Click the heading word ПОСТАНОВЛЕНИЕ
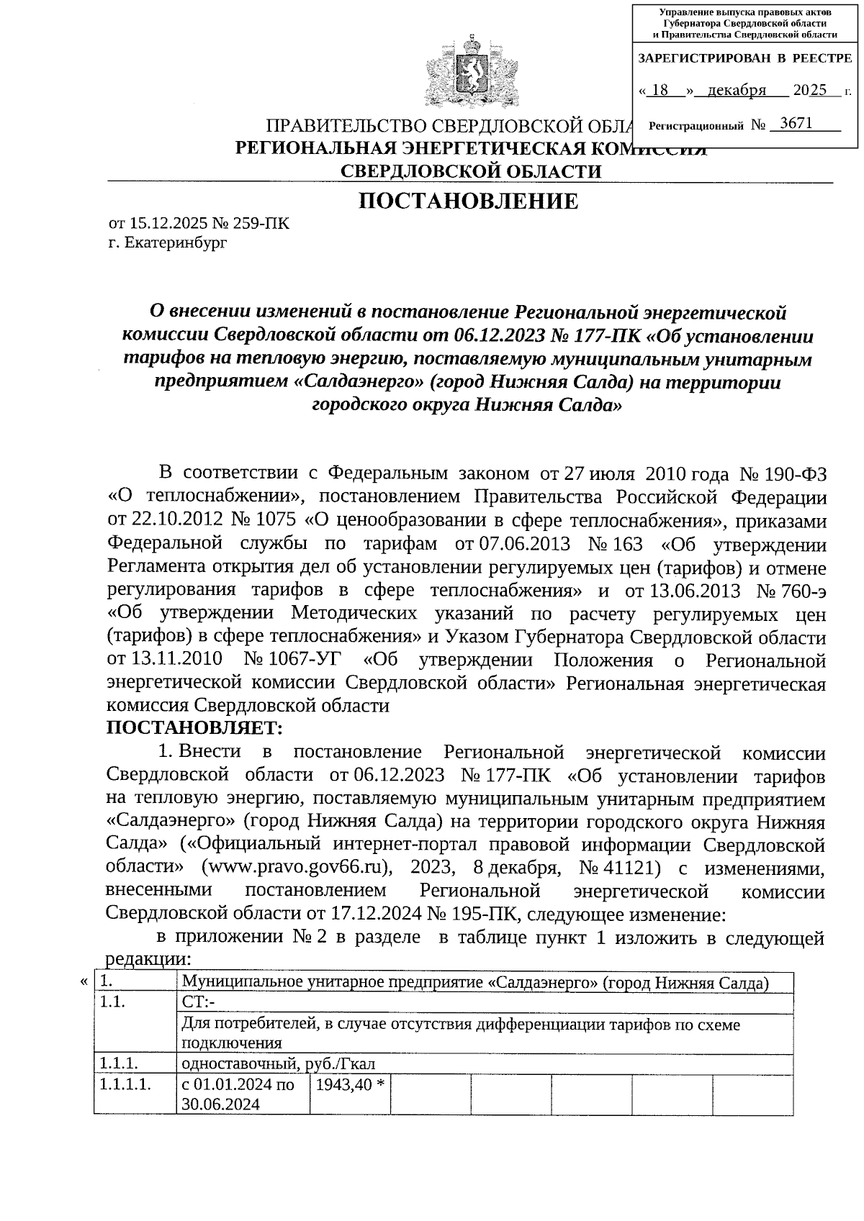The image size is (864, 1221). [x=469, y=201]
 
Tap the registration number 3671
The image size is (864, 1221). [x=796, y=124]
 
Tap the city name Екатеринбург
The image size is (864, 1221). [x=176, y=243]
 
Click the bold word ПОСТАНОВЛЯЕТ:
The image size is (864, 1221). [x=194, y=729]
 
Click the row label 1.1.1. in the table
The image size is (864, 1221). [x=120, y=1063]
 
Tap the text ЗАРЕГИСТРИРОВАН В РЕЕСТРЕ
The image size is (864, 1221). [x=744, y=58]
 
